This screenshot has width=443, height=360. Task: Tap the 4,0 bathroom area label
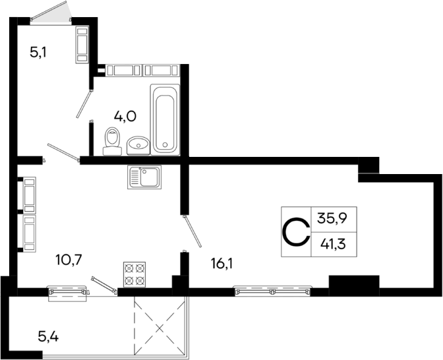(x=125, y=116)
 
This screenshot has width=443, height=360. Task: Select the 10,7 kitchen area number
(x=69, y=258)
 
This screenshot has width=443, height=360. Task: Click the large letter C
(x=296, y=231)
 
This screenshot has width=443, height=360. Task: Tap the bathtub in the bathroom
(x=164, y=118)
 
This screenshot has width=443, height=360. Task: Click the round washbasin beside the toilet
(x=138, y=143)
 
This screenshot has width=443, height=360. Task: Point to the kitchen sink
(x=143, y=177)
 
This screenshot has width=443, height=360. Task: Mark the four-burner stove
(x=134, y=274)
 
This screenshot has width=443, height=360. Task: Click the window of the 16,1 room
(x=272, y=289)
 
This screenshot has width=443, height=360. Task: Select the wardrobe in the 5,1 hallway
(x=82, y=44)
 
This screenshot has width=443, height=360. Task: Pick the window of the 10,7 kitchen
(x=68, y=290)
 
